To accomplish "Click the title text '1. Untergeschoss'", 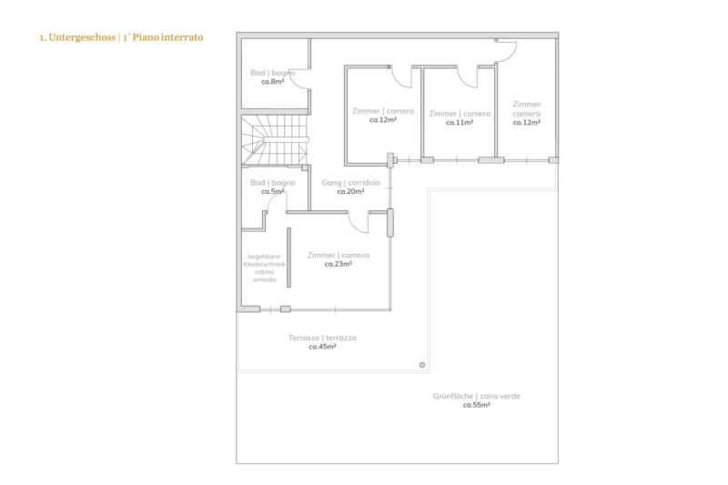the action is pyautogui.click(x=77, y=37).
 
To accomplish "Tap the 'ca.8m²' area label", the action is pyautogui.click(x=272, y=82).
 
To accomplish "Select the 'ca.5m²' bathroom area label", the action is pyautogui.click(x=272, y=191).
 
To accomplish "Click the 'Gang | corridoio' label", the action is pyautogui.click(x=350, y=182).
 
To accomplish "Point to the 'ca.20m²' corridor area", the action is pyautogui.click(x=350, y=191).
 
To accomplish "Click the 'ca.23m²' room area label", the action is pyautogui.click(x=338, y=264).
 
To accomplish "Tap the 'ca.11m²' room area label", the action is pyautogui.click(x=460, y=123).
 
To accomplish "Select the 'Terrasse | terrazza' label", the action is pyautogui.click(x=322, y=338).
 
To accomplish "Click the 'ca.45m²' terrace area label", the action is pyautogui.click(x=322, y=347).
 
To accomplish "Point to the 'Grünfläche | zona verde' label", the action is pyautogui.click(x=476, y=396).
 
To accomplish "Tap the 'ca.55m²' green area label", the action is pyautogui.click(x=476, y=405).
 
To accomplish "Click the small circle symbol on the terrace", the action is pyautogui.click(x=422, y=365).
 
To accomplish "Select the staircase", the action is pyautogui.click(x=275, y=140).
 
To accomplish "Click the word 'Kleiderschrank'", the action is pyautogui.click(x=264, y=264).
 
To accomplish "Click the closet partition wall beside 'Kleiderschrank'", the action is pyautogui.click(x=288, y=258).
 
